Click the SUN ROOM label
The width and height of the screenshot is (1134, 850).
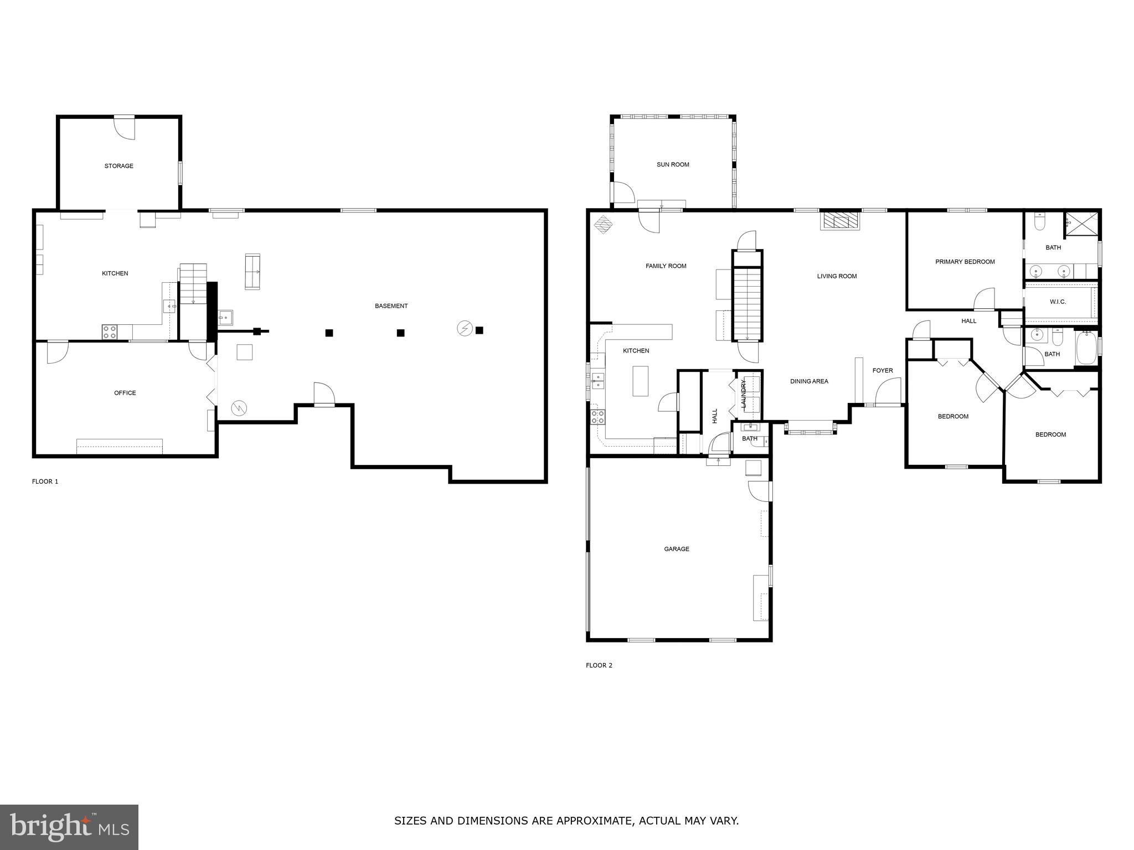[x=673, y=164]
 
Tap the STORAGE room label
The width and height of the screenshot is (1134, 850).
[x=119, y=166]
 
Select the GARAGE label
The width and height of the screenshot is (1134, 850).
[x=677, y=549]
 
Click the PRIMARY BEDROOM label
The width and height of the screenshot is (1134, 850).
[x=965, y=262]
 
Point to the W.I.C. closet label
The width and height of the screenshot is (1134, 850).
[x=1058, y=302]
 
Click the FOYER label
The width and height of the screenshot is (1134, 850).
[x=883, y=370]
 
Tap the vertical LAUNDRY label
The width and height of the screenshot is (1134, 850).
[x=744, y=394]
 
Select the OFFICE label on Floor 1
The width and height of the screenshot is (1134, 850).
[x=125, y=393]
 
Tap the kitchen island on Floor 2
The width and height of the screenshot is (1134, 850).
[x=641, y=381]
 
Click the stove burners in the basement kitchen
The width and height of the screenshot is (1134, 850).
[x=110, y=332]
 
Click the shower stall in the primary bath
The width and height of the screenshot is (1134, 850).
[x=1080, y=224]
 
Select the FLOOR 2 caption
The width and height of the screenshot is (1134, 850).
[x=599, y=665]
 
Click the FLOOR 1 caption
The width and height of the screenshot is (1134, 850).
[x=45, y=481]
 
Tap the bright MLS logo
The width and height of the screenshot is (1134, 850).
[x=69, y=827]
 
